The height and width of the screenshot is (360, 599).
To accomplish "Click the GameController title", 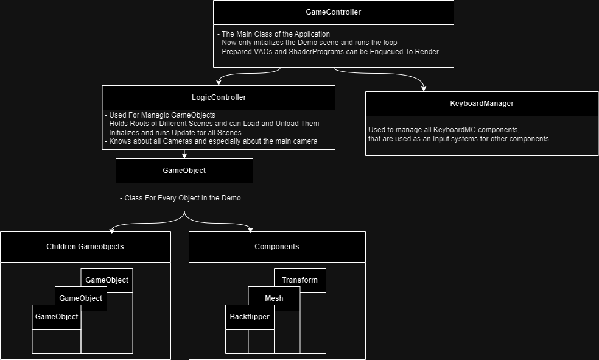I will coord(333,12).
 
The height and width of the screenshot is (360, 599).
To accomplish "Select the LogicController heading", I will coord(219,97).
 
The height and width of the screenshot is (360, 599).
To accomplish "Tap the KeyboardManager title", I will coord(482,104).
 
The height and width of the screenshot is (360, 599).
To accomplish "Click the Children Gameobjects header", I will coord(85,247).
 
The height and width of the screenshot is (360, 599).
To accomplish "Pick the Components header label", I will coord(277,247).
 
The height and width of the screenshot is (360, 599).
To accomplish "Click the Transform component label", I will coord(299,280).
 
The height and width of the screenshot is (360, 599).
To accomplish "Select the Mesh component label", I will coord(274,298).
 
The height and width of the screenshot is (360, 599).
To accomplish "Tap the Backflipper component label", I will coord(249,317).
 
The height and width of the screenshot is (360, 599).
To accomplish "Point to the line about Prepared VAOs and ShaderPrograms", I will coord(328,51).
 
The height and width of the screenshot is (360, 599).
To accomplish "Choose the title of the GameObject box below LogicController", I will coord(184,171).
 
